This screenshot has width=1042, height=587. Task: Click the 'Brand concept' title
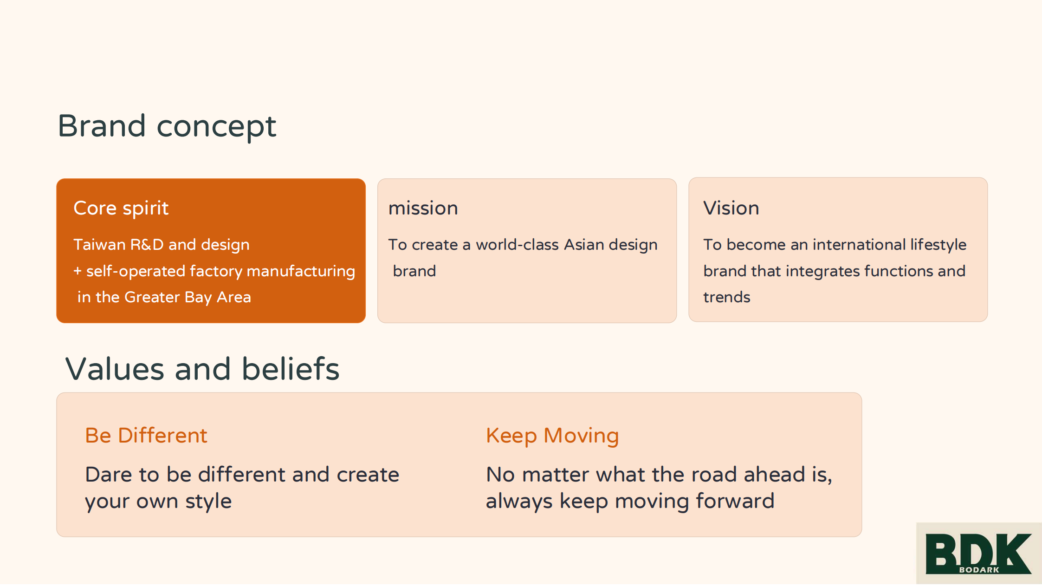coord(167,126)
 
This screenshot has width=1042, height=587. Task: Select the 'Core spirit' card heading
coord(121,209)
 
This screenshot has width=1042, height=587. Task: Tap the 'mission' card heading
coord(423,209)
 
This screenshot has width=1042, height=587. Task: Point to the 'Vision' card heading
coord(731,208)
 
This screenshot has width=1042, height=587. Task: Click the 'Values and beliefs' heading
coord(202,369)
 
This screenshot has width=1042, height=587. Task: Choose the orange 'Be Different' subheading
coord(146,436)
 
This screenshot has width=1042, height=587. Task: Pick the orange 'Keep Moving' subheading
coord(552,436)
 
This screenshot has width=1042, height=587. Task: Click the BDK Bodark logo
coord(979,553)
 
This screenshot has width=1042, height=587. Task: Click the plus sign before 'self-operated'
coord(78,271)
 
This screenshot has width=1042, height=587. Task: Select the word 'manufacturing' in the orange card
coord(301,272)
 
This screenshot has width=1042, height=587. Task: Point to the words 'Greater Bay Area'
coord(188,298)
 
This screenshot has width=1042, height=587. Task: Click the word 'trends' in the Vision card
coord(727,297)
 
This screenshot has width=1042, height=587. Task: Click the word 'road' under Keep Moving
coord(714,475)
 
